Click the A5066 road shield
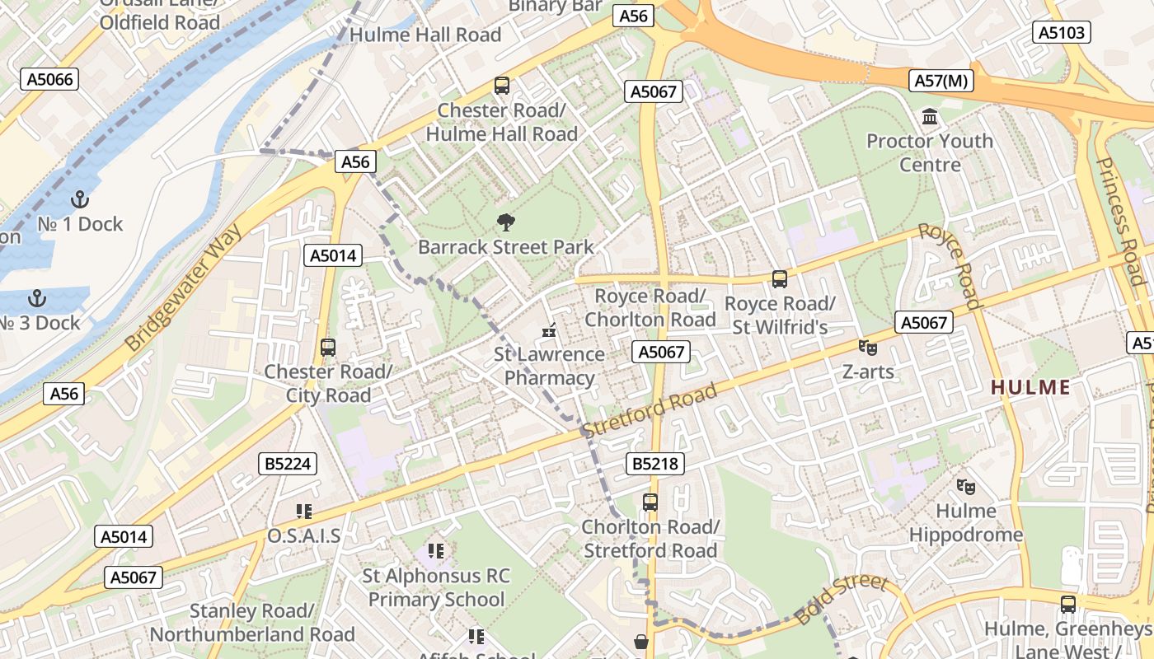49,79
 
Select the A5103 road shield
1062,32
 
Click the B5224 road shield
288,464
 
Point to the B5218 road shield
655,464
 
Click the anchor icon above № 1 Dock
80,199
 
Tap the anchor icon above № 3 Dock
36,297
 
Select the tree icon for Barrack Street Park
505,222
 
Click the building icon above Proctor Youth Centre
930,117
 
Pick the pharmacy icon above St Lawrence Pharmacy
549,331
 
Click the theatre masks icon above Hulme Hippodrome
966,487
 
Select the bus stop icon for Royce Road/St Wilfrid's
780,279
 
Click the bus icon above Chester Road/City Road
328,348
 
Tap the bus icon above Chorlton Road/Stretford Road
650,502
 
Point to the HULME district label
1030,387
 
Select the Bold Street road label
842,599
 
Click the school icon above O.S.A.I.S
303,512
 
